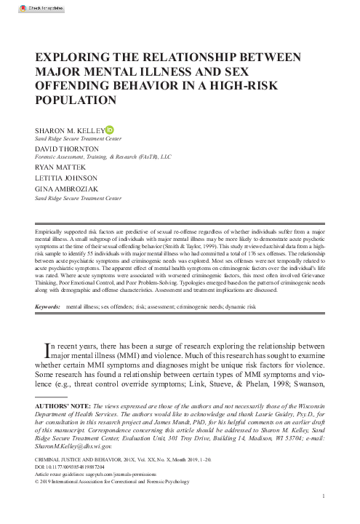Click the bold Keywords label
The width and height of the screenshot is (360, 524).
coord(49,308)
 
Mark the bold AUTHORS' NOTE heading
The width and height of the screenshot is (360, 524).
coord(66,402)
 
